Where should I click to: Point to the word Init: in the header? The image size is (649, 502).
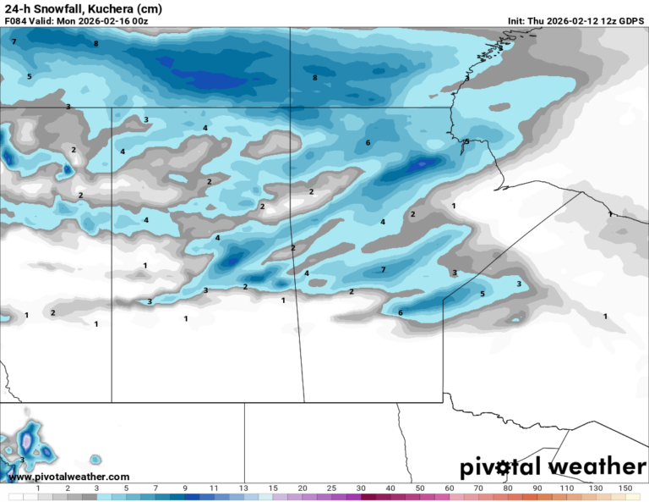tap(518, 20)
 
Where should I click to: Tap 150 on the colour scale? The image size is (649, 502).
tap(624, 488)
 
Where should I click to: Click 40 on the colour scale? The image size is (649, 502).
tap(390, 488)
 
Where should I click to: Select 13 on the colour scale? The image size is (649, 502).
tap(243, 488)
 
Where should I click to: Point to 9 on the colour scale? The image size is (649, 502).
tap(185, 488)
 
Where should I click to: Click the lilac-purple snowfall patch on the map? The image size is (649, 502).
tap(27, 441)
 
